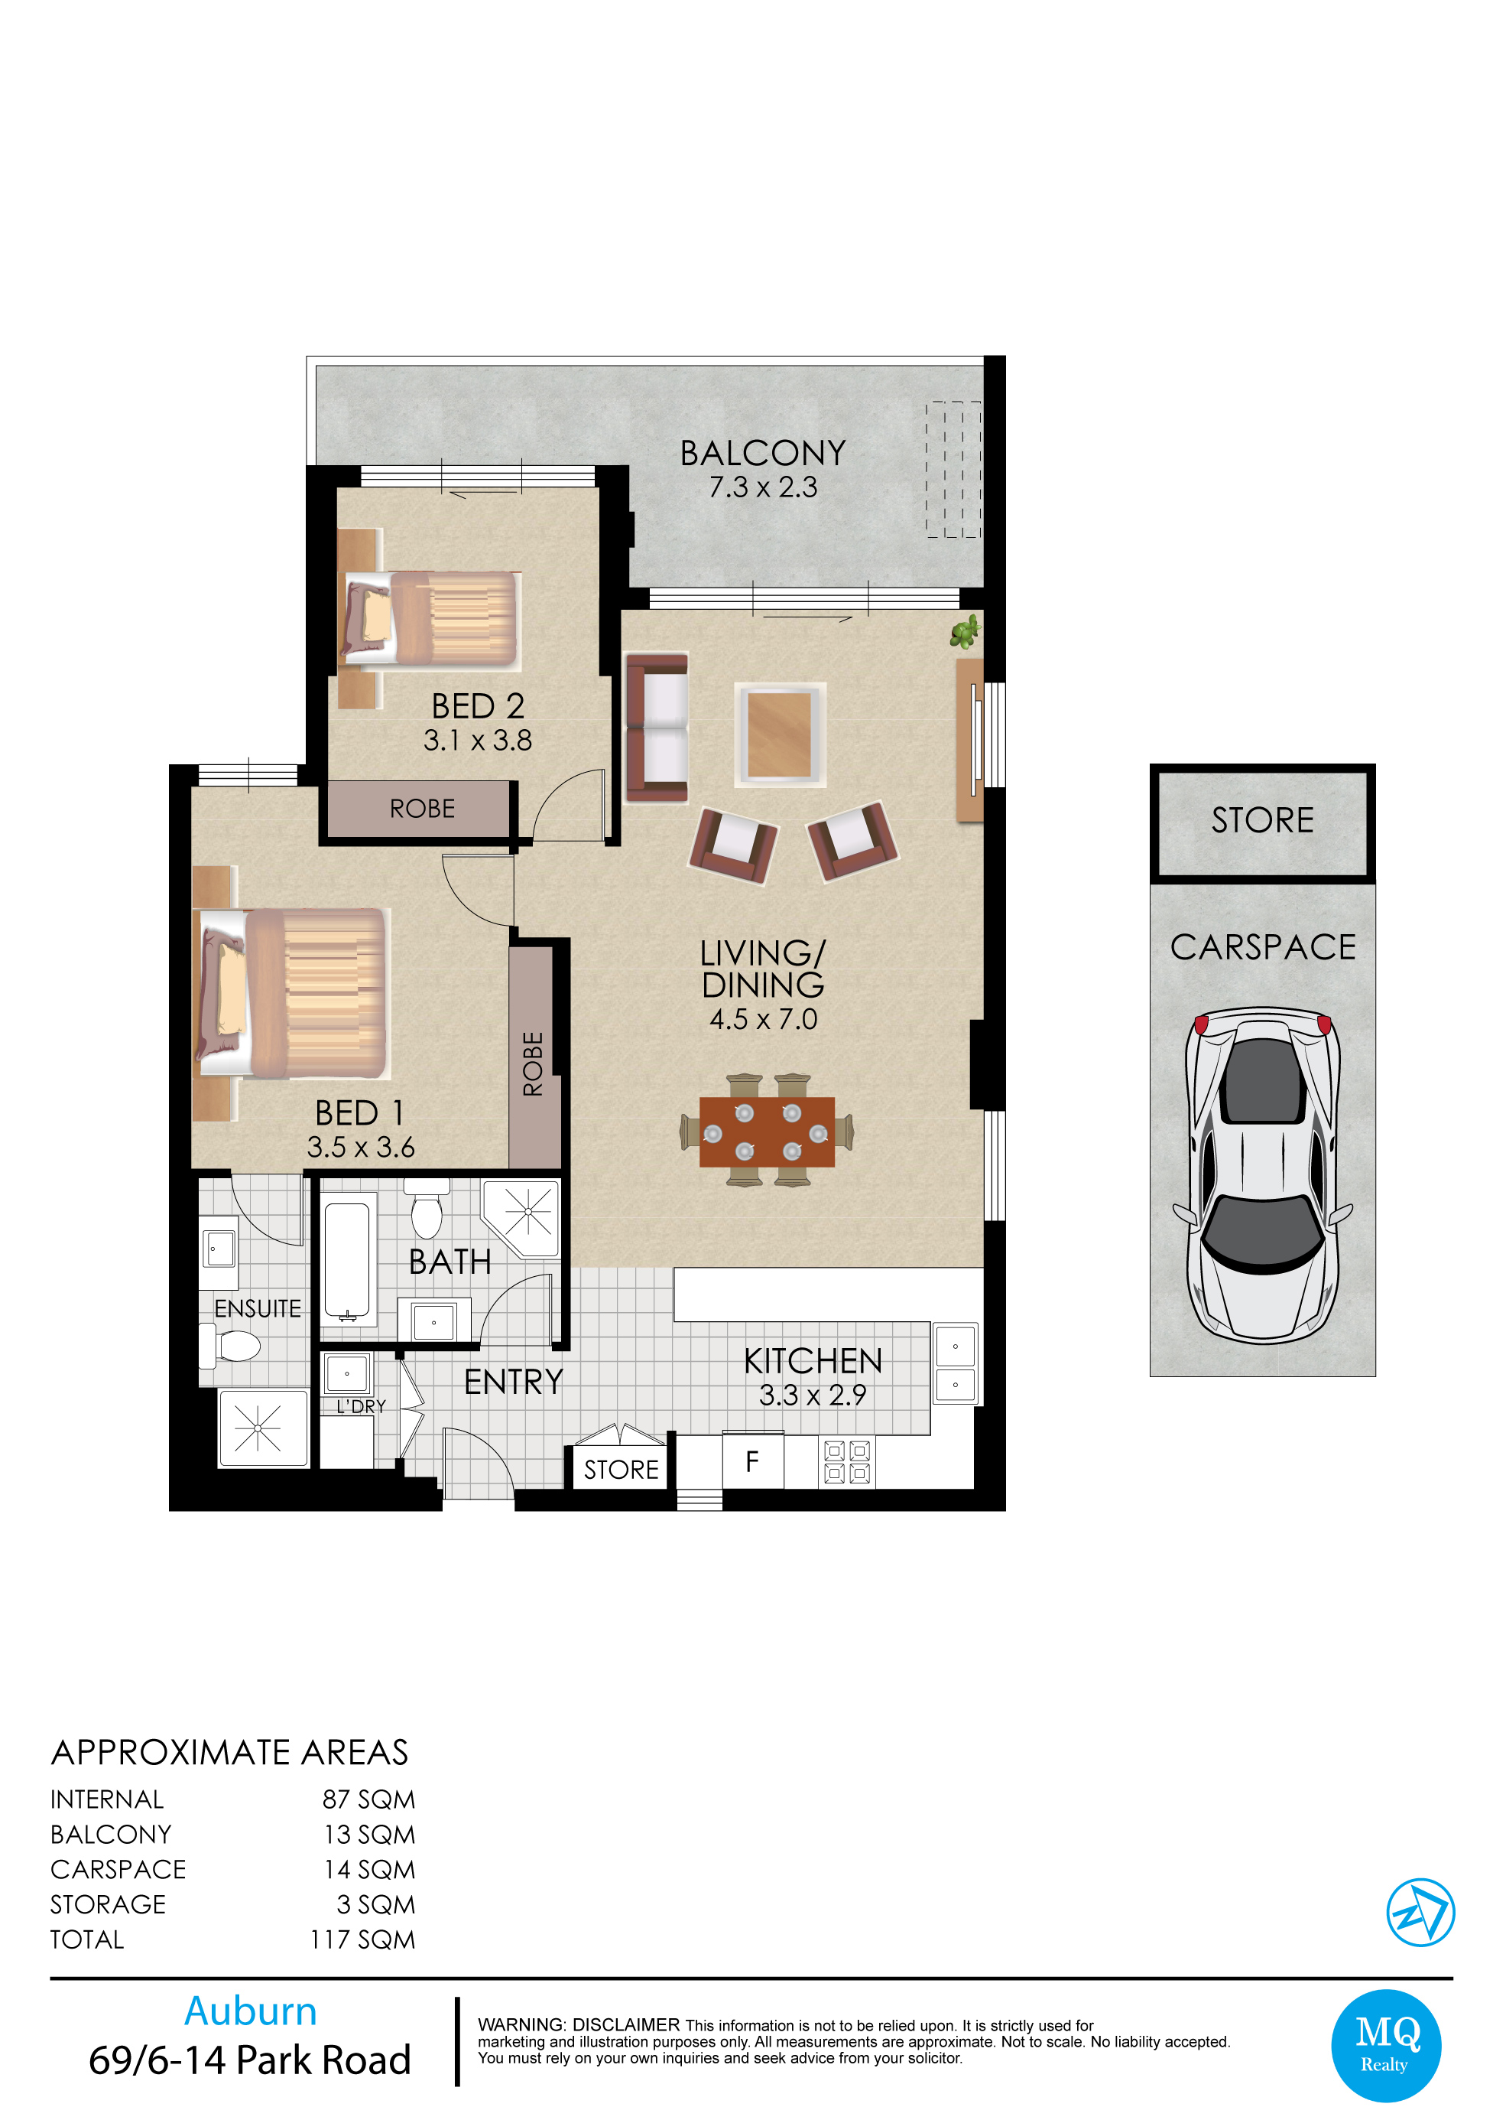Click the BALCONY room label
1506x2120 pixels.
pos(762,453)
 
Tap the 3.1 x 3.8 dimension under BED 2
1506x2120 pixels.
pos(478,741)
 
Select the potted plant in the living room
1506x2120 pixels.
pos(966,631)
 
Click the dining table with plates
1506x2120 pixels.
pos(767,1131)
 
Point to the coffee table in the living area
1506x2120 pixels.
pos(780,734)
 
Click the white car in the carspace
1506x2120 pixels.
pos(1262,1174)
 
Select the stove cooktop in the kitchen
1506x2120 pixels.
pos(848,1462)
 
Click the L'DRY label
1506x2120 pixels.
pos(361,1406)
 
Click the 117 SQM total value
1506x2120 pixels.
pos(362,1940)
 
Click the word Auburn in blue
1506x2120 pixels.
pos(251,2011)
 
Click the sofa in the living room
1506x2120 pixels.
pos(657,728)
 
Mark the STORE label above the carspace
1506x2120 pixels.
pos(1262,820)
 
